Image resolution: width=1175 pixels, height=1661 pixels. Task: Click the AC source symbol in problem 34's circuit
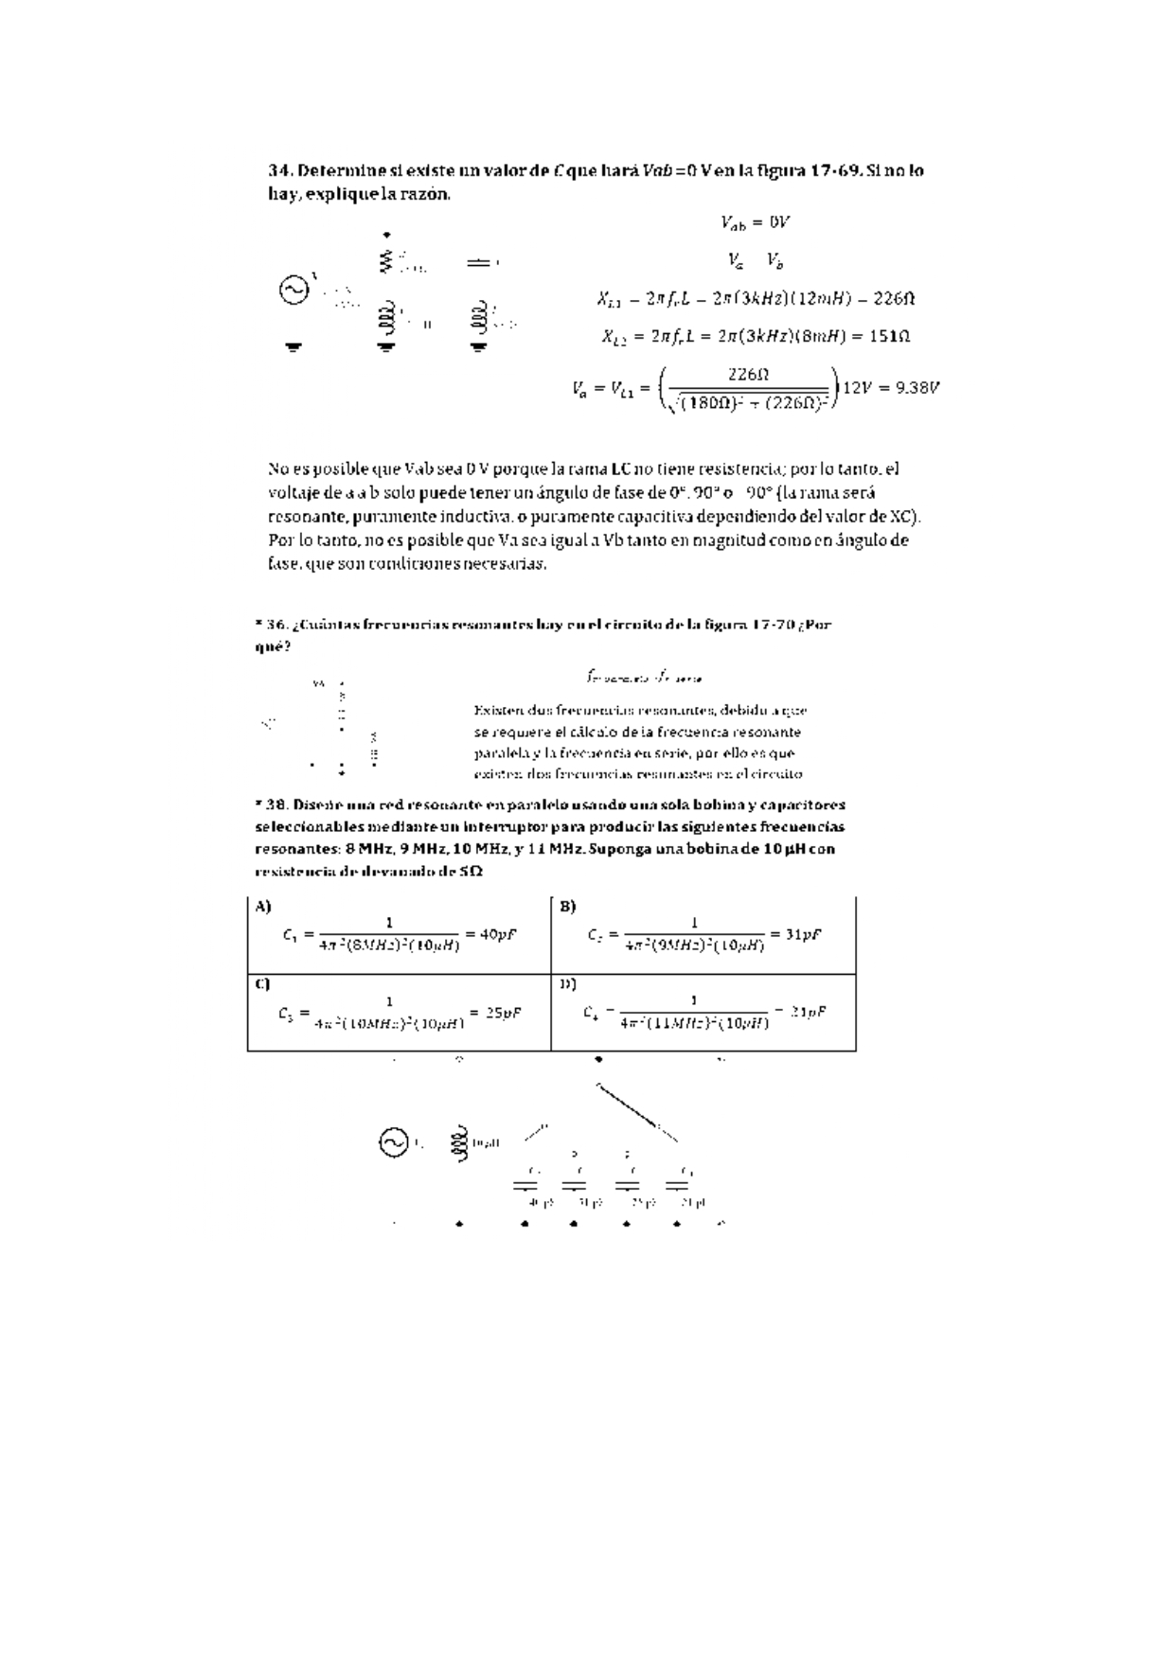[294, 289]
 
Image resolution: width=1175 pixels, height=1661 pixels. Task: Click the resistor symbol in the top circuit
[385, 260]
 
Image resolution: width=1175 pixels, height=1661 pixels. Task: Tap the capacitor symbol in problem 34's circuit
[479, 263]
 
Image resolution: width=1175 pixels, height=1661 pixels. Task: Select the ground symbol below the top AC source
[294, 347]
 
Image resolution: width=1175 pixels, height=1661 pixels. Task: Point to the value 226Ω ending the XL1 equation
[894, 299]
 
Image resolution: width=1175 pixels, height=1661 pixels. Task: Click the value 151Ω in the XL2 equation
[889, 336]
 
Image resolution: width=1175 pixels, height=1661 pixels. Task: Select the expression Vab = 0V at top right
[755, 222]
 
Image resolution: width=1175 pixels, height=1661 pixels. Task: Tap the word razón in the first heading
[427, 195]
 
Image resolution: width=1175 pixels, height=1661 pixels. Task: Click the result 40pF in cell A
[498, 934]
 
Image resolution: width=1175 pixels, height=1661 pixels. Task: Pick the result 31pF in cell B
[802, 934]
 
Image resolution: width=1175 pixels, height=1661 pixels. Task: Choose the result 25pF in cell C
[504, 1012]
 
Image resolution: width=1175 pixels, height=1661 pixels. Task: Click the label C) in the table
[263, 983]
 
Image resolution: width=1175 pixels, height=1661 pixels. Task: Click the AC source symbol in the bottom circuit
[393, 1143]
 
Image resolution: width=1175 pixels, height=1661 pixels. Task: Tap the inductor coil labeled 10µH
[460, 1143]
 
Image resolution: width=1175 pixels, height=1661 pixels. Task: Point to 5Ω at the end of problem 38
[471, 872]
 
